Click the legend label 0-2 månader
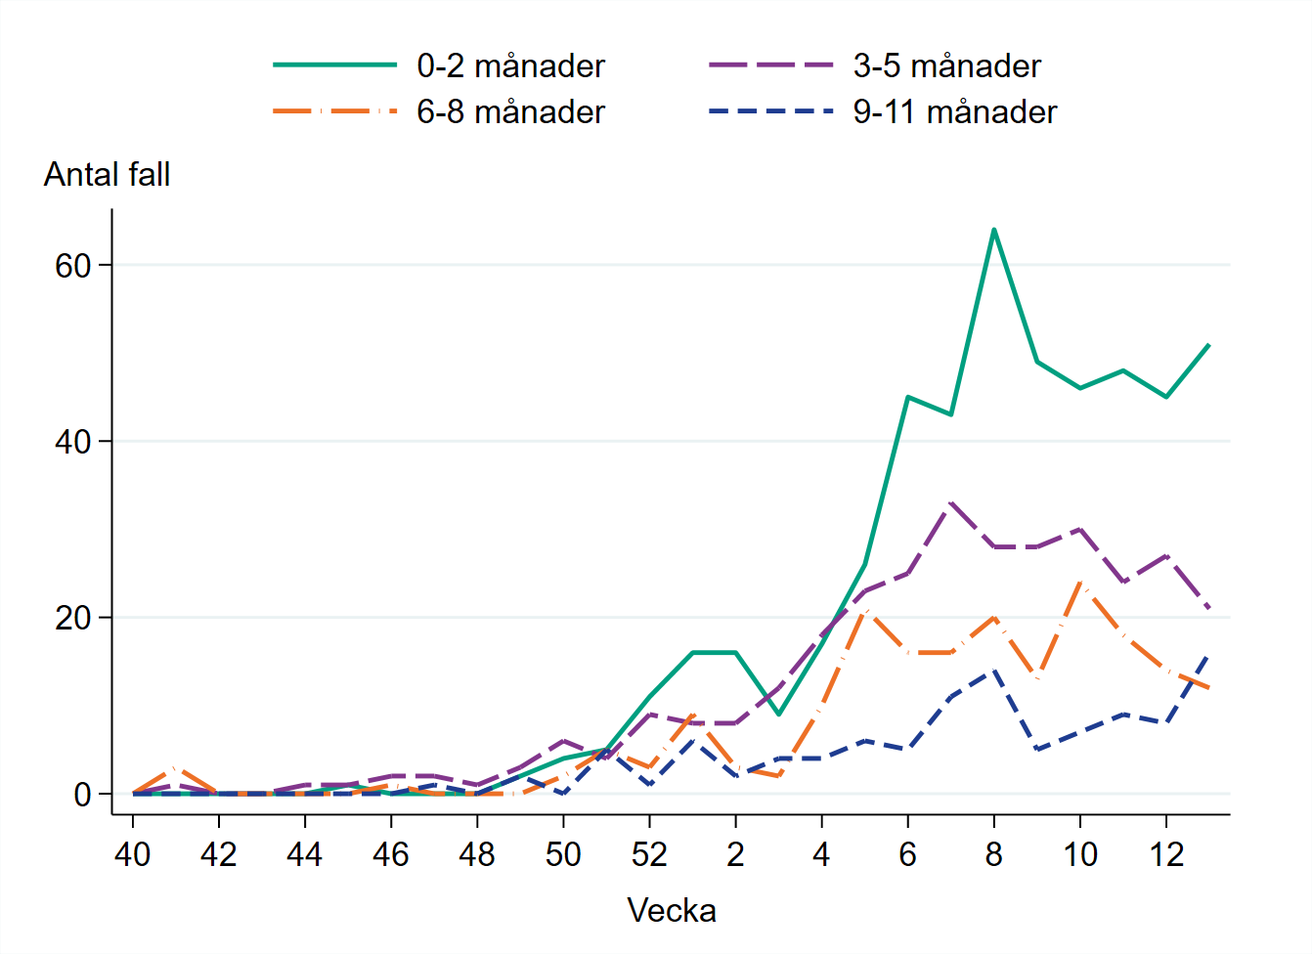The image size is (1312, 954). tap(510, 66)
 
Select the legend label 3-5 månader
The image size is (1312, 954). tap(946, 66)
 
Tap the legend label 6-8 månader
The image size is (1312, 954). tap(510, 112)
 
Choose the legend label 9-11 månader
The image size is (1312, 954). tap(954, 112)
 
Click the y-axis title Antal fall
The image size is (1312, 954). tap(108, 175)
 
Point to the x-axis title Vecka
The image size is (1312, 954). tap(672, 911)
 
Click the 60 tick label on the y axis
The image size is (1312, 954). tap(73, 266)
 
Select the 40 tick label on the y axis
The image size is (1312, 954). tap(73, 442)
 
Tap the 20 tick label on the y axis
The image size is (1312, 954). tap(73, 619)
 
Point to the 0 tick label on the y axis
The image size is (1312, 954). tap(83, 795)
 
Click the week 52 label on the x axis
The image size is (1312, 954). tap(649, 855)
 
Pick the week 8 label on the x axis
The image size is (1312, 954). tap(993, 855)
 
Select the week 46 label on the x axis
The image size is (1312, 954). tap(391, 855)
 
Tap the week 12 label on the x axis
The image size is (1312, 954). tap(1166, 855)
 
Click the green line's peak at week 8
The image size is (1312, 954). tap(993, 230)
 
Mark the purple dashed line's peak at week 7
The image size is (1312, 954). tap(950, 503)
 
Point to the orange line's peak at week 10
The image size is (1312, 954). tap(1080, 583)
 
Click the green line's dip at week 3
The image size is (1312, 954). tap(778, 715)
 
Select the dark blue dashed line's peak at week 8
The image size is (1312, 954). tap(993, 671)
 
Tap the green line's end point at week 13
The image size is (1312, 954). tap(1209, 345)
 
